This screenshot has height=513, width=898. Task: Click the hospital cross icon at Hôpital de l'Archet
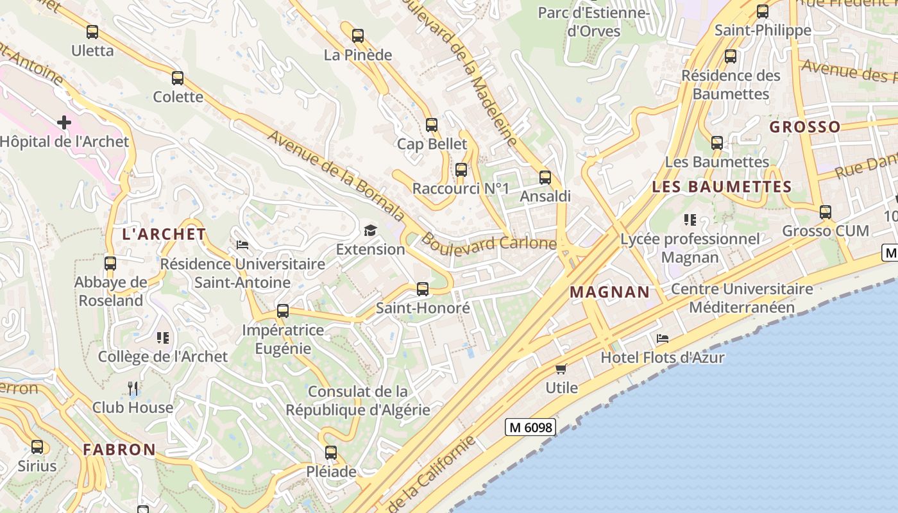[64, 122]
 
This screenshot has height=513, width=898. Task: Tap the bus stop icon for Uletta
[92, 31]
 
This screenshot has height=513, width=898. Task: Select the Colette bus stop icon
[178, 78]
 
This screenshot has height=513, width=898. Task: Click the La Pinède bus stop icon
[358, 36]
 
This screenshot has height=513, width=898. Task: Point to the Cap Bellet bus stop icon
[432, 124]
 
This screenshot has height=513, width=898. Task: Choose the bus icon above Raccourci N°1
[461, 170]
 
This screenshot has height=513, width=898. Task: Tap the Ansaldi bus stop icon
[545, 177]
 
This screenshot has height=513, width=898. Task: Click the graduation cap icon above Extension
[370, 230]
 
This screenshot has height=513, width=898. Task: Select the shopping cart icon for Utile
[561, 369]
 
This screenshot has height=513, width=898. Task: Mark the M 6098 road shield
[530, 427]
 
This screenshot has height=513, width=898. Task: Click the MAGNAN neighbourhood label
[610, 292]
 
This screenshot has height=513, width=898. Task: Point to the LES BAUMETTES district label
[722, 187]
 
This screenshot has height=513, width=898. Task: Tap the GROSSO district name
[805, 127]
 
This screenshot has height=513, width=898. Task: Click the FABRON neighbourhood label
[119, 450]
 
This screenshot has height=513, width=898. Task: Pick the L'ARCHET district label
[164, 235]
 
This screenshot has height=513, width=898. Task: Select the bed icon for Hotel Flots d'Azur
[663, 339]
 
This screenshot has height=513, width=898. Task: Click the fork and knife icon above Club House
[133, 388]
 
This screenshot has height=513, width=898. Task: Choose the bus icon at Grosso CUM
[826, 212]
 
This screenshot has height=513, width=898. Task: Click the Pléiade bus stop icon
[331, 453]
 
